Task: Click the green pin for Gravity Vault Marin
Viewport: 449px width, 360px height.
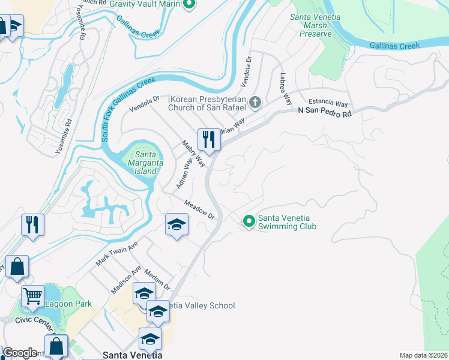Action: (190, 5)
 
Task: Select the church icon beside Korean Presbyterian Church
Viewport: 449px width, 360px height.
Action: (255, 102)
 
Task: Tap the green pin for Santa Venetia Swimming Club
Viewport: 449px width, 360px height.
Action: (249, 222)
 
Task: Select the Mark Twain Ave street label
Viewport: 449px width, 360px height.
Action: (116, 254)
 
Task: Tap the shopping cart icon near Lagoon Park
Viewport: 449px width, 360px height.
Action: (32, 295)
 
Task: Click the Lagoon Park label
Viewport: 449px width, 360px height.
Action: (68, 304)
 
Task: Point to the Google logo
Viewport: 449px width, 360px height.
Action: (20, 353)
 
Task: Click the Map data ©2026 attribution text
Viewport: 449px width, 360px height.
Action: (423, 355)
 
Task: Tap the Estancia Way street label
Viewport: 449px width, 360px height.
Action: (328, 104)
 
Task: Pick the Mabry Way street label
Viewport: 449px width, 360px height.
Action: (193, 154)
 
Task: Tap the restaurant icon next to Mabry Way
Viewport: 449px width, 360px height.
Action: (209, 139)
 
